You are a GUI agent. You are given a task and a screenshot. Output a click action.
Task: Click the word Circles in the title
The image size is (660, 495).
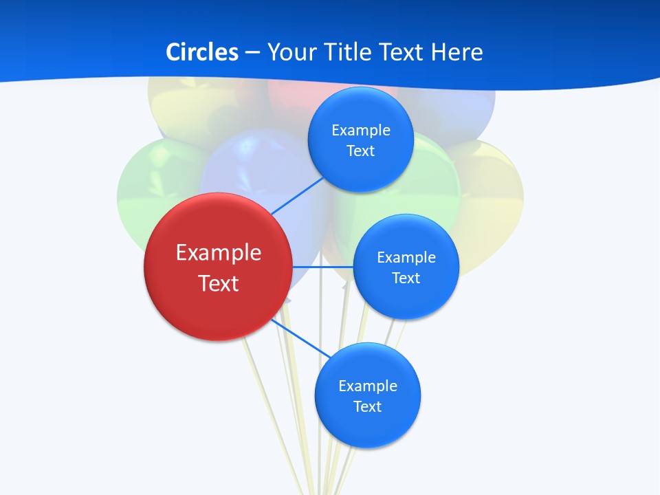201,52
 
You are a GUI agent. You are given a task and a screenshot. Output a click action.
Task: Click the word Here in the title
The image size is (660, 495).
457,52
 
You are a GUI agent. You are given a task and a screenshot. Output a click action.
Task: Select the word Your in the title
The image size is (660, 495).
290,52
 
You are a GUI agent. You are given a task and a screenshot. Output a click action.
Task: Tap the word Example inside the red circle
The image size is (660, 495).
219,252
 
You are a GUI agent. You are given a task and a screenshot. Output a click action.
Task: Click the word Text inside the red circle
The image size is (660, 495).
219,283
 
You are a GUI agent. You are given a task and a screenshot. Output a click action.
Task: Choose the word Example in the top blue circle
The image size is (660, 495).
360,131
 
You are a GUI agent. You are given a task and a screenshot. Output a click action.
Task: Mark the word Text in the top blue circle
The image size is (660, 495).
360,151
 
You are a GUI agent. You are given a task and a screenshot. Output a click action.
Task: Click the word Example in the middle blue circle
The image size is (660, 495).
406,258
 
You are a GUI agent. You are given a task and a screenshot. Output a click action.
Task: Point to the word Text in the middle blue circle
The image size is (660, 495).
406,278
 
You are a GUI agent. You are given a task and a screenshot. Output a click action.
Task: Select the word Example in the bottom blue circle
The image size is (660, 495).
367,386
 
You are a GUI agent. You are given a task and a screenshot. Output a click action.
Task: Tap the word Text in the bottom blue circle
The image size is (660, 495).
367,406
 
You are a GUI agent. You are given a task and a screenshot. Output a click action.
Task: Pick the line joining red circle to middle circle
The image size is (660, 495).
322,266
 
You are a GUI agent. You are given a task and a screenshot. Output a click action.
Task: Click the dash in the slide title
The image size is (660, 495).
252,53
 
